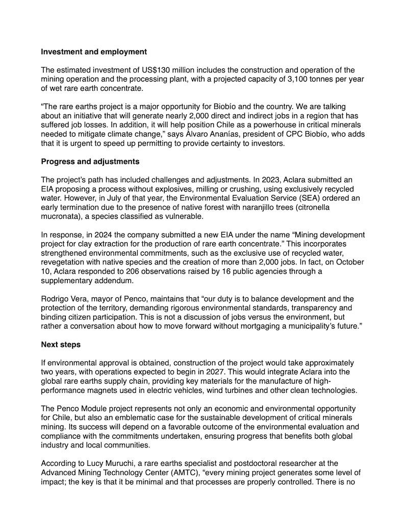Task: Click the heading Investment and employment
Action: click(94, 52)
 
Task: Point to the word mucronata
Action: click(61, 216)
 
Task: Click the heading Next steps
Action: click(61, 345)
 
